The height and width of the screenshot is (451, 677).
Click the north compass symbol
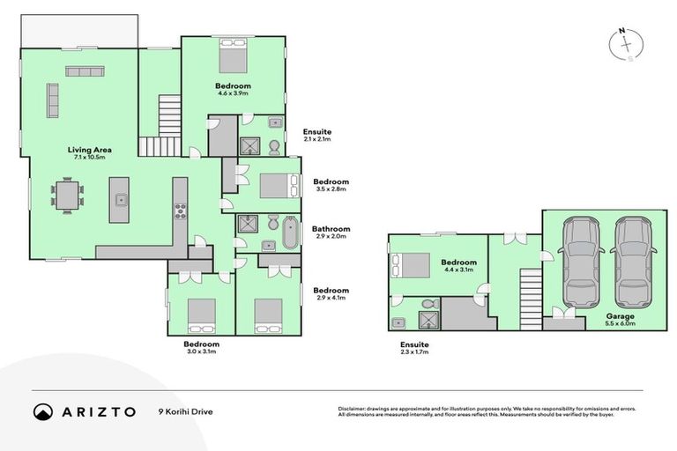pyautogui.click(x=626, y=45)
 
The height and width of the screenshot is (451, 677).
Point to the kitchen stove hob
pyautogui.click(x=180, y=210)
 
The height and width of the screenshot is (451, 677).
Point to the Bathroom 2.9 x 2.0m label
pyautogui.click(x=331, y=233)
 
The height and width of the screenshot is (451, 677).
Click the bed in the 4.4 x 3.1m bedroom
pyautogui.click(x=410, y=265)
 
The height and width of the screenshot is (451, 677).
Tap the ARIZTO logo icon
pyautogui.click(x=43, y=411)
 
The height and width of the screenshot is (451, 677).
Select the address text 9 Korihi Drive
pyautogui.click(x=187, y=411)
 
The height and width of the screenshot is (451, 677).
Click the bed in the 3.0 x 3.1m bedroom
pyautogui.click(x=201, y=314)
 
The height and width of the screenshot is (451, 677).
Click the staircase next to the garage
pyautogui.click(x=530, y=298)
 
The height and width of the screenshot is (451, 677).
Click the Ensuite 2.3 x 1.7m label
pyautogui.click(x=414, y=349)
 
